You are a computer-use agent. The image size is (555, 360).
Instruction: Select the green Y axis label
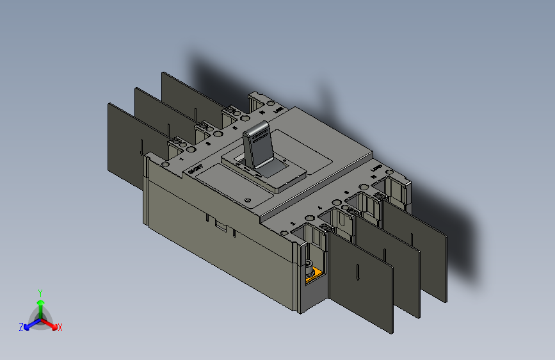[x=40, y=292]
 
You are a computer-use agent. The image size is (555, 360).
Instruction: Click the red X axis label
[x=60, y=327]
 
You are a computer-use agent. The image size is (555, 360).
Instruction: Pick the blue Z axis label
[x=20, y=327]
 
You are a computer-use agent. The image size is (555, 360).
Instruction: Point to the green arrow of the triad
[x=40, y=304]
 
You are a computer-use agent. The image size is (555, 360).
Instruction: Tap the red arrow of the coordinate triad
[x=51, y=323]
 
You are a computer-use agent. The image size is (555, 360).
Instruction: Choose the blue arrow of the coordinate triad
[x=29, y=323]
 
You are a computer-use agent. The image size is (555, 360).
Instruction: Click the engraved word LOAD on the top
[x=377, y=169]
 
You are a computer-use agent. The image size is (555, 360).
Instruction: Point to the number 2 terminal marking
[x=293, y=224]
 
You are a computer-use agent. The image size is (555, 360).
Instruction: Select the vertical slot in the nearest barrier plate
[x=356, y=272]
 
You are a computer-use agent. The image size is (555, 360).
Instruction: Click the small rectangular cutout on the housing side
[x=220, y=225]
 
